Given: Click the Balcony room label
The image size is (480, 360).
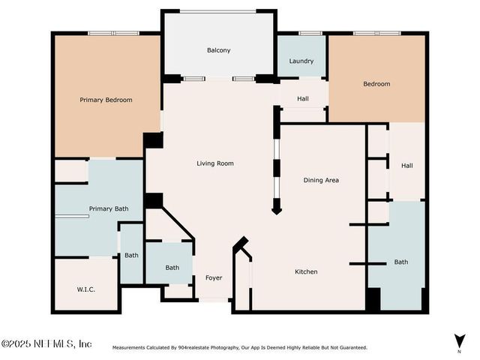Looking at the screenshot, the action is pos(218,50).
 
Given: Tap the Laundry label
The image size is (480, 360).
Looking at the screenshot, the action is pos(301,61).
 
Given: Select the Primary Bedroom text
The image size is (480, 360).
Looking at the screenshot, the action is pos(106,100).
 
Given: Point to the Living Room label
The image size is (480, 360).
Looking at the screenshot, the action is pos(215,163).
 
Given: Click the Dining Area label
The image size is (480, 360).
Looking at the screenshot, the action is pos(321,180).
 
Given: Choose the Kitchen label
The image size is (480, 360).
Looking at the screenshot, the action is pos(306,271).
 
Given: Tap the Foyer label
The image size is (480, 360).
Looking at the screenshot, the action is pos(214,278).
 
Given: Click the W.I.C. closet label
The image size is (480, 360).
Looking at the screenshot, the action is pos(85,289).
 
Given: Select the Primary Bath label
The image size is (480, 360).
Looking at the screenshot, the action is pos(109,208).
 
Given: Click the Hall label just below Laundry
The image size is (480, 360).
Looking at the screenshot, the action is pos(303,98).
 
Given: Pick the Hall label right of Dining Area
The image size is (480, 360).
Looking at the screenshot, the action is pos(406,166).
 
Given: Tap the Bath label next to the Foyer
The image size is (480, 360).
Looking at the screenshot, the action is pos(172,268).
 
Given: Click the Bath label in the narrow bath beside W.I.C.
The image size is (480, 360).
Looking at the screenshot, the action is pos(131,255).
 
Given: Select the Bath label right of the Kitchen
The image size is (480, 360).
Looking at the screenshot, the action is pos(401,262).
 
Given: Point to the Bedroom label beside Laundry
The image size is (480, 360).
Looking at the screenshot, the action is pos(376,84).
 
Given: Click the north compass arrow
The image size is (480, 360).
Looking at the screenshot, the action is pos(460,341).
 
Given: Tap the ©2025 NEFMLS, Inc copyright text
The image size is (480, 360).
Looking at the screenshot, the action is pos(46,343).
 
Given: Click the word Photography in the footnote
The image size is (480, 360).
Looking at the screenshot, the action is pos(225,348).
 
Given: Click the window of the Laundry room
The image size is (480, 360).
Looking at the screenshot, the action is pos(310,33).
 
